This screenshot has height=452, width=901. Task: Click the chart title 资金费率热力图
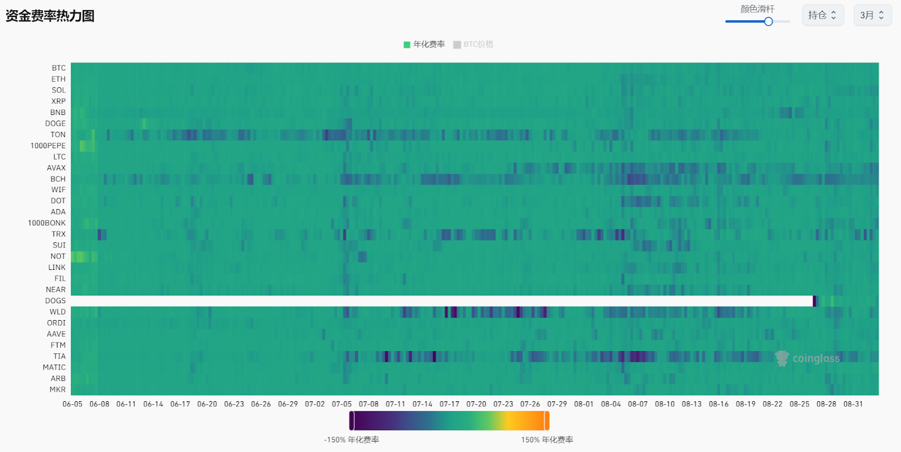[x=50, y=16]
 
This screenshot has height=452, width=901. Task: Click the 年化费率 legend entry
[x=424, y=45]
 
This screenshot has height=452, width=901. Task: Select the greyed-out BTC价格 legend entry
[x=474, y=45]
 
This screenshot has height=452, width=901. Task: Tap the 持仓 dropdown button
[x=823, y=15]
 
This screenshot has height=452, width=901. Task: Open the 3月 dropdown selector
[x=872, y=15]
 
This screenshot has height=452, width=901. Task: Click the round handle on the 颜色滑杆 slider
[x=768, y=21]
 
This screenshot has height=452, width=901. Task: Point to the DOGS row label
[x=55, y=301]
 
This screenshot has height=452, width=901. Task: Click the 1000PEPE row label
[x=48, y=146]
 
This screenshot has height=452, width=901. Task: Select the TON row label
[x=58, y=135]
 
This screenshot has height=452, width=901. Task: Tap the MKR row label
[x=57, y=389]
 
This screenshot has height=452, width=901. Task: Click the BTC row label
[x=59, y=68]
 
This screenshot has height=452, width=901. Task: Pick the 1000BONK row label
[x=47, y=223]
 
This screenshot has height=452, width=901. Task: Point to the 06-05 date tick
[x=73, y=404]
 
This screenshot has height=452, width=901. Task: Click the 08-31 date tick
[x=853, y=404]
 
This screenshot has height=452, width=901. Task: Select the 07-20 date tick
[x=476, y=404]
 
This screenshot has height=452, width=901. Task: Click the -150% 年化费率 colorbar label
[x=351, y=440]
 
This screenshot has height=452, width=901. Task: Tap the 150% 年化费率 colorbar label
[x=547, y=440]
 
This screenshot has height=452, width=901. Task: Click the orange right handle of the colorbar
[x=546, y=421]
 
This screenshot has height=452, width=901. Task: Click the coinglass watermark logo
[x=808, y=358]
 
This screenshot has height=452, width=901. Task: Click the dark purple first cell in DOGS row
[x=814, y=301]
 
